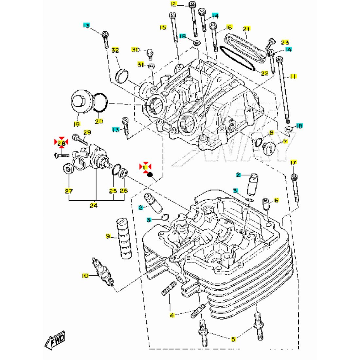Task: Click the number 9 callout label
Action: tap(107, 236)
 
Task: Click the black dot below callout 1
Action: tap(151, 174)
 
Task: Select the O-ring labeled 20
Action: tap(100, 102)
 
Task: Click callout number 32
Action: tap(115, 50)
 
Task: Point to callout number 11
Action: tap(293, 76)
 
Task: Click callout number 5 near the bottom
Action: tap(233, 339)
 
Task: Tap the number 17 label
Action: tap(293, 163)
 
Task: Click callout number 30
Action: tap(135, 50)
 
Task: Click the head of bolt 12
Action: tap(192, 5)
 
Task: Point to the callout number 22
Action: tap(265, 73)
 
